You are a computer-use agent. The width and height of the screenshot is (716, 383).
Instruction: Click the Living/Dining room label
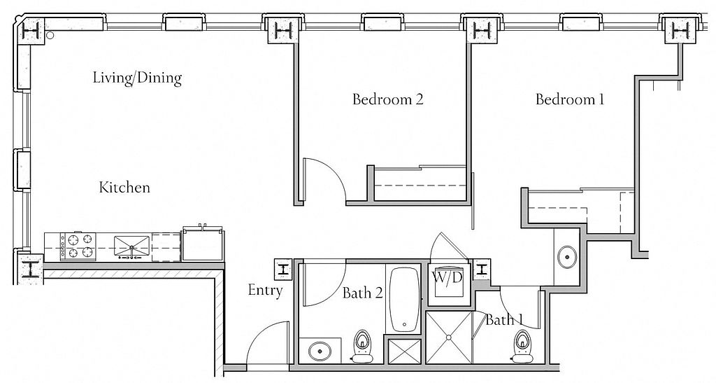pyautogui.click(x=137, y=78)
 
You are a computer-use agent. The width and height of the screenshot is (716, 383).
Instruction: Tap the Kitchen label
pyautogui.click(x=124, y=188)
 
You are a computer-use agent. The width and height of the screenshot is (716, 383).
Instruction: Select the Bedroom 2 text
pyautogui.click(x=387, y=99)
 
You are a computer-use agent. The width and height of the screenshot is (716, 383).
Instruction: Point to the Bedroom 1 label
pyautogui.click(x=570, y=99)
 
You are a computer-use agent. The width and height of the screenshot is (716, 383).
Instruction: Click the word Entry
pyautogui.click(x=265, y=290)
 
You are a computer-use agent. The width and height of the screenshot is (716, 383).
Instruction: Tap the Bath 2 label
pyautogui.click(x=363, y=293)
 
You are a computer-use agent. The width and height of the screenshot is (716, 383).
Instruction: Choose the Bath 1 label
pyautogui.click(x=504, y=320)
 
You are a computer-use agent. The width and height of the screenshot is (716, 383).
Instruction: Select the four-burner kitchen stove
pyautogui.click(x=78, y=246)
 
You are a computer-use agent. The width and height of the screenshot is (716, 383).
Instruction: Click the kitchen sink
pyautogui.click(x=131, y=246)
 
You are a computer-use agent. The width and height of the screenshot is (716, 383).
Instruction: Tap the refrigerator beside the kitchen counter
pyautogui.click(x=203, y=244)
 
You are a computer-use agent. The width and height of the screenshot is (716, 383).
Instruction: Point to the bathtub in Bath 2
pyautogui.click(x=404, y=298)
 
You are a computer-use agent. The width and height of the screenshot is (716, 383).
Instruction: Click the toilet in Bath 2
pyautogui.click(x=362, y=344)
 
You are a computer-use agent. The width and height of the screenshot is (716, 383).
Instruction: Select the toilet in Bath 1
pyautogui.click(x=521, y=344)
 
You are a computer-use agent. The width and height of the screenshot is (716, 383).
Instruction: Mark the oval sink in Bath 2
pyautogui.click(x=319, y=351)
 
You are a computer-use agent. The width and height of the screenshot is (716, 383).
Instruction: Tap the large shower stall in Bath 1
pyautogui.click(x=449, y=337)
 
